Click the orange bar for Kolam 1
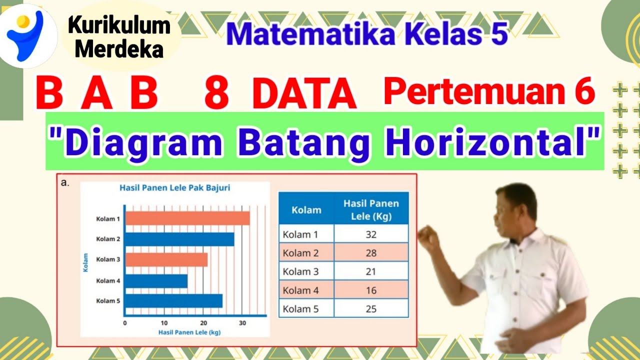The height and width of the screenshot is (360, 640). tap(187, 218)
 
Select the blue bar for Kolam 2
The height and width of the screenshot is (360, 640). tap(179, 239)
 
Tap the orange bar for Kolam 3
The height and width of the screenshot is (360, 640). tap(166, 259)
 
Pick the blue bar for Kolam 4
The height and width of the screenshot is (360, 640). tap(156, 281)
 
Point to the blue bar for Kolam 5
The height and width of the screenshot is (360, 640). tap(173, 301)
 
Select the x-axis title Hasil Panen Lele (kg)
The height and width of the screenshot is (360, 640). tap(189, 332)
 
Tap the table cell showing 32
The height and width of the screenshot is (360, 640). tap(371, 234)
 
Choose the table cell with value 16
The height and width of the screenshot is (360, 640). tap(371, 290)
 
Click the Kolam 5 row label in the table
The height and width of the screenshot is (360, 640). tap(300, 309)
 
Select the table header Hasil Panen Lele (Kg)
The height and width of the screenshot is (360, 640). tap(371, 210)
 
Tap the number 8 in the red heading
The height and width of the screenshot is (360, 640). tap(216, 94)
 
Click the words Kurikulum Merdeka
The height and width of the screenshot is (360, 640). tap(119, 36)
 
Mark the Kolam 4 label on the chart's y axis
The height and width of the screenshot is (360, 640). tap(108, 281)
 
